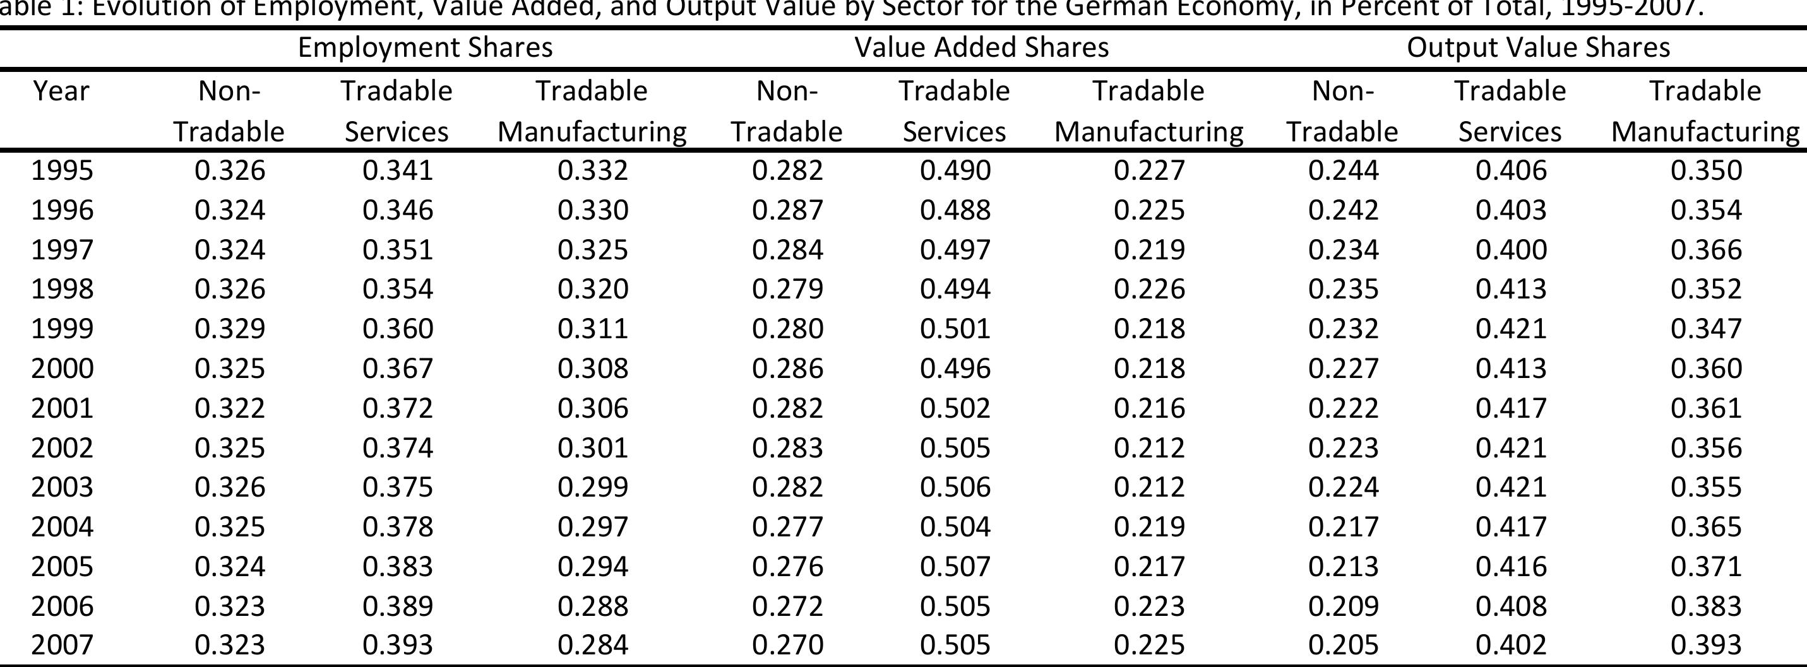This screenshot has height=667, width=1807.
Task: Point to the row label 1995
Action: [x=62, y=170]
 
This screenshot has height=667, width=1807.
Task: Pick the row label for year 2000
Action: [x=62, y=369]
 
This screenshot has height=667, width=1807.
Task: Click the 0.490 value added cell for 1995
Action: [x=955, y=170]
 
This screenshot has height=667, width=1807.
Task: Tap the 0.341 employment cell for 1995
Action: [x=397, y=170]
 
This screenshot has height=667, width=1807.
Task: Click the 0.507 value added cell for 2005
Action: [x=955, y=566]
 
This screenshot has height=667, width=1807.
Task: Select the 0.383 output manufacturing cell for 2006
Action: [x=1705, y=606]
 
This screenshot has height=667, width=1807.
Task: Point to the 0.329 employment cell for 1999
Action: [x=229, y=328]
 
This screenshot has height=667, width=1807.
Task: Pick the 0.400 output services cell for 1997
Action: [x=1511, y=250]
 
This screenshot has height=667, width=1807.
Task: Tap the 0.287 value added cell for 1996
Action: [x=787, y=210]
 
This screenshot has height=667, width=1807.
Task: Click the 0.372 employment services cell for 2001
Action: [x=397, y=408]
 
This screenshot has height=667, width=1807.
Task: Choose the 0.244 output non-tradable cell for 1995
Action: [x=1343, y=170]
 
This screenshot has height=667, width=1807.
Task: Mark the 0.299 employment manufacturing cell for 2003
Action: [x=592, y=487]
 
